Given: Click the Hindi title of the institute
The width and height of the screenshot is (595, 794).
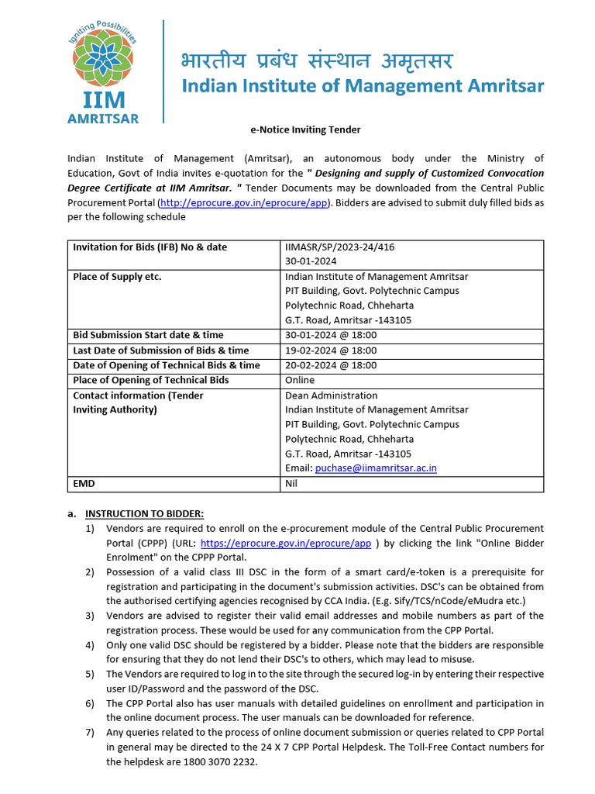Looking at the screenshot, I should tap(316, 60).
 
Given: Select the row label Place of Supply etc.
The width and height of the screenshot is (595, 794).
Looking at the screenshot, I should tap(117, 277).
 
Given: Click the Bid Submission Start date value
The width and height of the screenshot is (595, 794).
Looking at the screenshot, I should tap(331, 335).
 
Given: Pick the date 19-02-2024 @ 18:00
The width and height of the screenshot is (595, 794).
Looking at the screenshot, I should tap(331, 350).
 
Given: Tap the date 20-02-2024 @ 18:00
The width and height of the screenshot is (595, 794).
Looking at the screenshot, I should tap(331, 365).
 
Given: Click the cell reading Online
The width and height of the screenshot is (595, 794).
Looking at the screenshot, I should tap(300, 380).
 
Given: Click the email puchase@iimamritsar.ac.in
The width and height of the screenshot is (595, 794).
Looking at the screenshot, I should tap(376, 468).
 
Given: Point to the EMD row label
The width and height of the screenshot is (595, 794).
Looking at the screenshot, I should tap(84, 484).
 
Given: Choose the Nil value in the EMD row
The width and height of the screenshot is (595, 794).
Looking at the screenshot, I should tap(291, 484).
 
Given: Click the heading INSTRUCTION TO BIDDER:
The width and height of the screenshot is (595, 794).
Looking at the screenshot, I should tap(144, 513).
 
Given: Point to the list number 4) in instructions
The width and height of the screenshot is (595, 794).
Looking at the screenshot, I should tap(90, 645).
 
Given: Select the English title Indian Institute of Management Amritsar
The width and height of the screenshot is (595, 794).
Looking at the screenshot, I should tap(363, 86).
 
